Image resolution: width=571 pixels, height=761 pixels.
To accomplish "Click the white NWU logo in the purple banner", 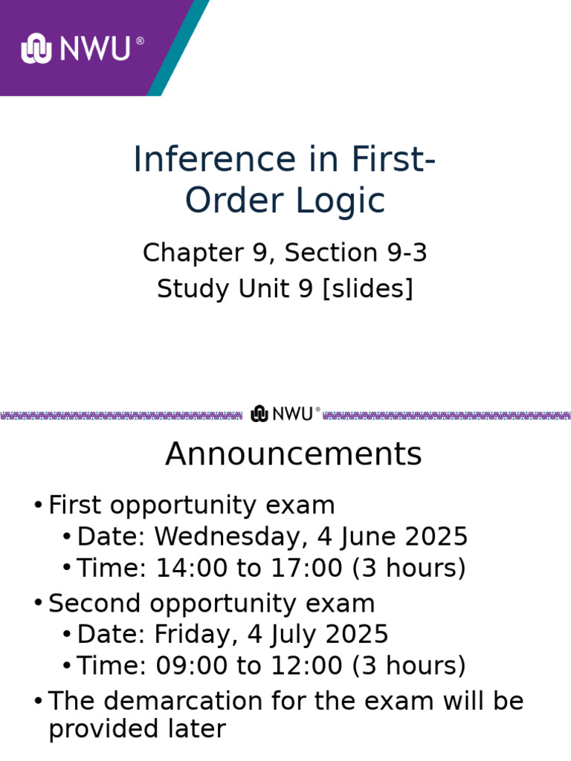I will [83, 48].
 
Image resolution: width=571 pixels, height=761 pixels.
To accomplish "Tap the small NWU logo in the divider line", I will [285, 414].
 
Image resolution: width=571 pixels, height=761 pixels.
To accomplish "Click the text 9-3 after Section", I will [408, 253].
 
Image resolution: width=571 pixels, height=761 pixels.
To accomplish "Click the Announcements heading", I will [293, 454].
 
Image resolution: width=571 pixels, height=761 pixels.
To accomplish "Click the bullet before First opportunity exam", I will [38, 506].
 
